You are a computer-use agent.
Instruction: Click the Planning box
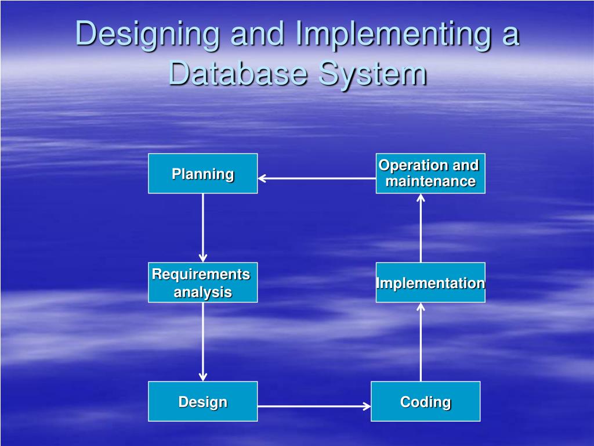click(202, 174)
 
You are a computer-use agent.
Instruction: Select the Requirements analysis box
click(202, 282)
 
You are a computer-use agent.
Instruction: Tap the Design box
click(202, 401)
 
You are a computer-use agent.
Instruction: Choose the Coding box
click(425, 401)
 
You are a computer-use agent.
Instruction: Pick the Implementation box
click(430, 283)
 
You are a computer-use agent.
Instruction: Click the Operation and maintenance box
click(430, 173)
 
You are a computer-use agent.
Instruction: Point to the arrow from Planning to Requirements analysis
click(203, 228)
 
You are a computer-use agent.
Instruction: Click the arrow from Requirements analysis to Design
click(203, 341)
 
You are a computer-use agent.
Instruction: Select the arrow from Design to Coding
click(314, 407)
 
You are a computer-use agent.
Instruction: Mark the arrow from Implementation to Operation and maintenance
click(421, 228)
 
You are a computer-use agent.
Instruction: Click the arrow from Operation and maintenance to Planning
click(317, 178)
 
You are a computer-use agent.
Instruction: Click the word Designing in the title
click(148, 34)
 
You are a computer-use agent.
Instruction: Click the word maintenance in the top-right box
click(430, 181)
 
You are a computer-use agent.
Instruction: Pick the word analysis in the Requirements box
click(202, 292)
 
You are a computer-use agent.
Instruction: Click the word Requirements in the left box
click(201, 274)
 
